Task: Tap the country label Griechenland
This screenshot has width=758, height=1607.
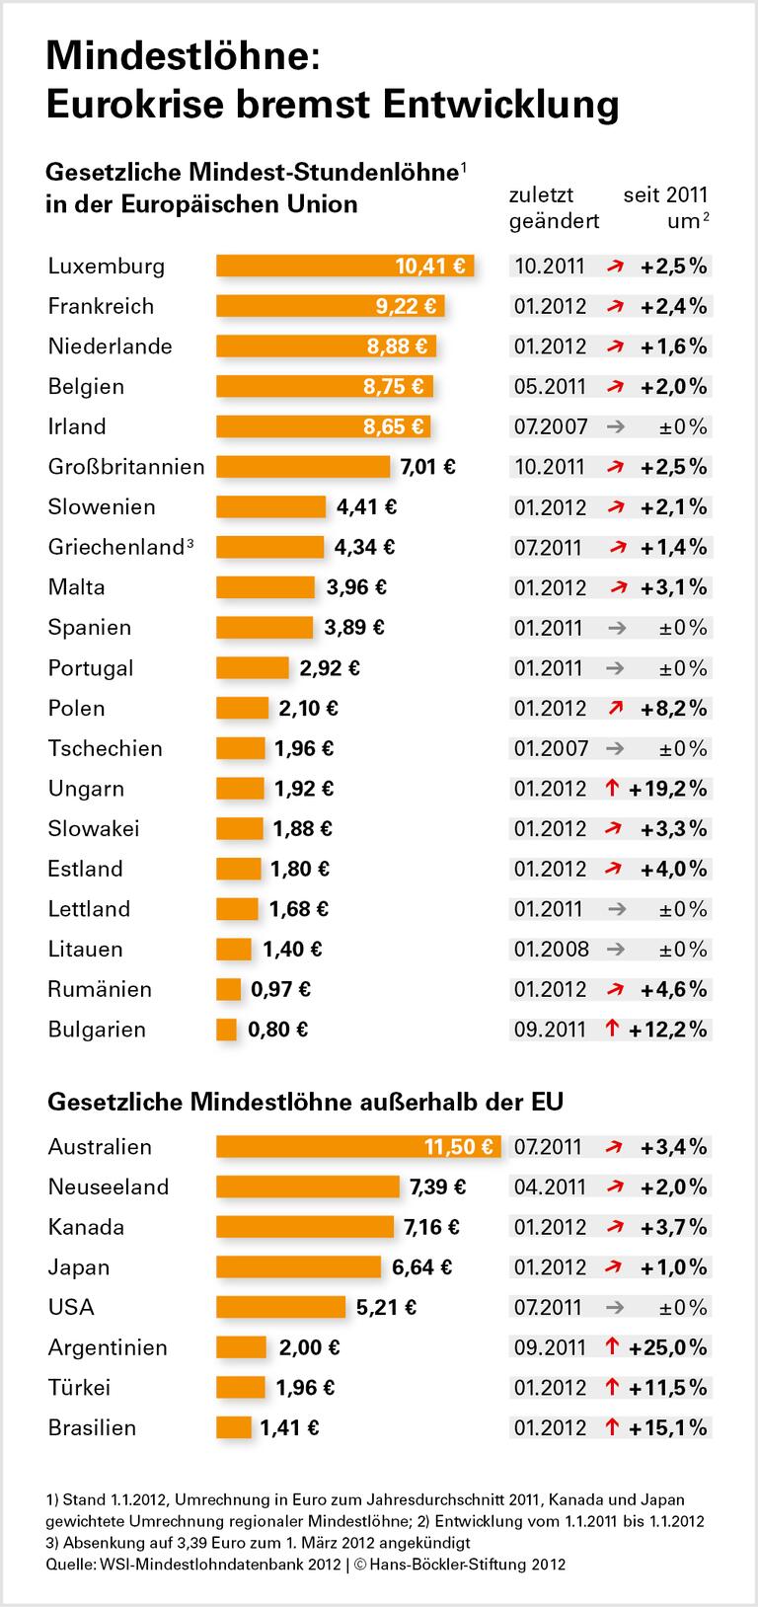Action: pyautogui.click(x=116, y=547)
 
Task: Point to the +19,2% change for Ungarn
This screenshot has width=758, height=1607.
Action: pyautogui.click(x=672, y=789)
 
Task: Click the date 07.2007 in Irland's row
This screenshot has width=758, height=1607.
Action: pyautogui.click(x=550, y=426)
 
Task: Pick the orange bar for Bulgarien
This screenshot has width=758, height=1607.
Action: pyautogui.click(x=227, y=1030)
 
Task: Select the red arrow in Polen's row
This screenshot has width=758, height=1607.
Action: pyautogui.click(x=616, y=708)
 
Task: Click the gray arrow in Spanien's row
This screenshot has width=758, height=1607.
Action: pyautogui.click(x=615, y=628)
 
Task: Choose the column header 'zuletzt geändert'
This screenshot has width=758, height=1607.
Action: pyautogui.click(x=553, y=207)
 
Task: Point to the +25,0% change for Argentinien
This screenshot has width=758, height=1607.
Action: pyautogui.click(x=672, y=1347)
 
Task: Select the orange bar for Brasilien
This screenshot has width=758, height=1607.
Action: pyautogui.click(x=234, y=1427)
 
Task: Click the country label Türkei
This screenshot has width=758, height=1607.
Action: pyautogui.click(x=79, y=1388)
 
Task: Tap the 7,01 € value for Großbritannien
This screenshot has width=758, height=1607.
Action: pyautogui.click(x=427, y=467)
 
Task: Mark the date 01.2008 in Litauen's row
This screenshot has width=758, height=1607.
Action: pyautogui.click(x=551, y=950)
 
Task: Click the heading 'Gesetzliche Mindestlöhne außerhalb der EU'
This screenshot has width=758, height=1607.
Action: pyautogui.click(x=304, y=1101)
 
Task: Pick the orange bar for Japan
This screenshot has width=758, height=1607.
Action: pyautogui.click(x=298, y=1267)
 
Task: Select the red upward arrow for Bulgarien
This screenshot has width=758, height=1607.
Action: pyautogui.click(x=612, y=1030)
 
